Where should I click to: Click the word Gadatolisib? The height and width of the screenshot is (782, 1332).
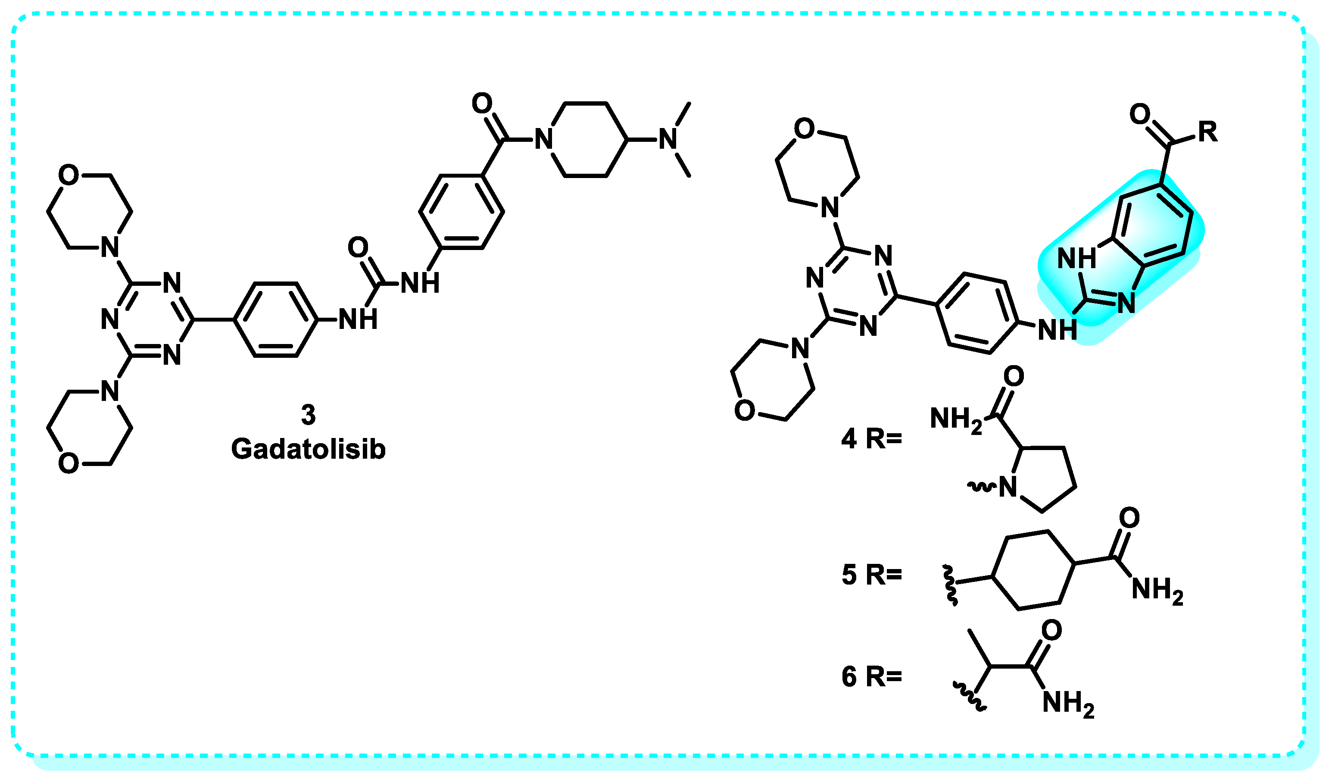308,450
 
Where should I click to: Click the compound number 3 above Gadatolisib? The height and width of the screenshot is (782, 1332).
308,415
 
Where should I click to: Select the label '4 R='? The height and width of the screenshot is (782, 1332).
871,439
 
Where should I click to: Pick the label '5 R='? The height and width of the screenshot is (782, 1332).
871,575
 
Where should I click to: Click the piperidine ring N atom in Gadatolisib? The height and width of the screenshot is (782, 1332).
543,140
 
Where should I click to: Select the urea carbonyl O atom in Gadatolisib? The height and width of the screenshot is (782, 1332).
358,247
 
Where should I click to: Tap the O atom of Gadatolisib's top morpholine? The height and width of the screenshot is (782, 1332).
69,175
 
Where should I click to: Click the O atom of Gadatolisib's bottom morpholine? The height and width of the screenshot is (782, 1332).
69,464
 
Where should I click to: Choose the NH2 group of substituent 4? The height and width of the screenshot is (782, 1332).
956,420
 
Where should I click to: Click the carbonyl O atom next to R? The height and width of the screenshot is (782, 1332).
1140,114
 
